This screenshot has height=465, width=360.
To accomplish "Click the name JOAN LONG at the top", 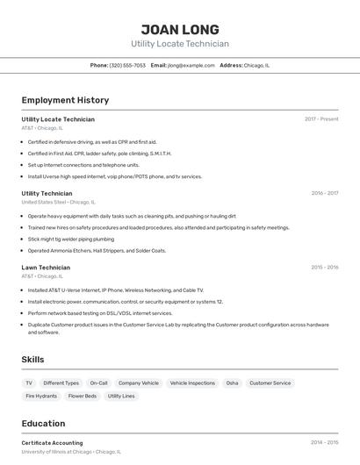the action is (x=180, y=29).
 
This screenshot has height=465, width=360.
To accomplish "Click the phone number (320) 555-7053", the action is (x=127, y=65).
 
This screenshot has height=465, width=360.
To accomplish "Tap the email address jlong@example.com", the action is (x=191, y=65).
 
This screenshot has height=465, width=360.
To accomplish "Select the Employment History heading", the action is (x=65, y=100).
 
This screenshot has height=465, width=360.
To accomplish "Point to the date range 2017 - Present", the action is (x=321, y=118).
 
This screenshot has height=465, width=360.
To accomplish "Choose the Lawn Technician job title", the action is (x=46, y=267).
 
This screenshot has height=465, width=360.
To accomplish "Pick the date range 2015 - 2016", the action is (x=324, y=267).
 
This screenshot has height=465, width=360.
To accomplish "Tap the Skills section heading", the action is (x=32, y=359).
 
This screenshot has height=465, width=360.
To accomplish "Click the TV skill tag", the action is (x=29, y=383).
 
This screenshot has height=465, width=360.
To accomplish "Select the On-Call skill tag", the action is (x=98, y=383).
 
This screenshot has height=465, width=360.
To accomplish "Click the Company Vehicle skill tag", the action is (x=139, y=383).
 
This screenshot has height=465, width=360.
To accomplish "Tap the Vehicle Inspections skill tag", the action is (x=192, y=383).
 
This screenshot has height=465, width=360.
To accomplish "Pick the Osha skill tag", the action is (x=232, y=383).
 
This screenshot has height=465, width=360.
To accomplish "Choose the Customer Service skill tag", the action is (x=270, y=383).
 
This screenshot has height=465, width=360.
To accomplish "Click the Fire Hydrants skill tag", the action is (x=41, y=396).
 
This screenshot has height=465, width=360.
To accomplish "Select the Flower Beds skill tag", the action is (x=83, y=396).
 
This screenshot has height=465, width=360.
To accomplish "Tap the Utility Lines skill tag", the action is (x=121, y=396).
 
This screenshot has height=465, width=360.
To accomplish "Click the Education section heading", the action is (x=43, y=423).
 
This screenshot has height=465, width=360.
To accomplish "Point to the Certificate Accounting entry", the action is (x=52, y=443).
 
